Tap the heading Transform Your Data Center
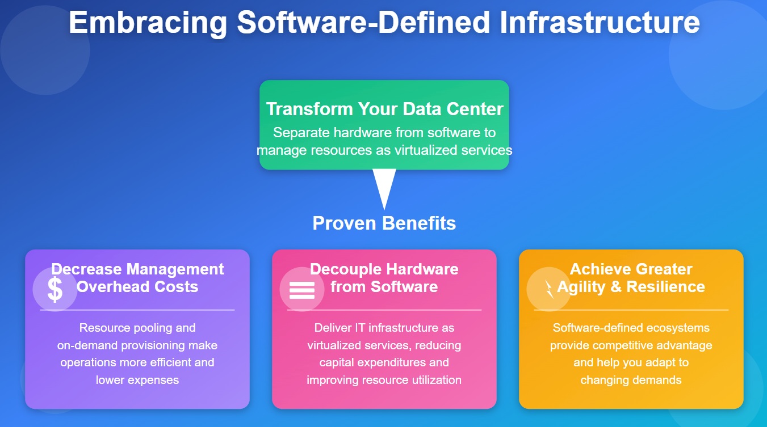384,109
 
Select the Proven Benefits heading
384,223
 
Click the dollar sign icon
55,289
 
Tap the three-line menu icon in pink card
301,290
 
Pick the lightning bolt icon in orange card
548,289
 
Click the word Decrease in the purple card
86,269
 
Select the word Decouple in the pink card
345,269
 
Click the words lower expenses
137,380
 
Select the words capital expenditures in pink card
384,362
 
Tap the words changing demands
631,380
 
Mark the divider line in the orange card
631,310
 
